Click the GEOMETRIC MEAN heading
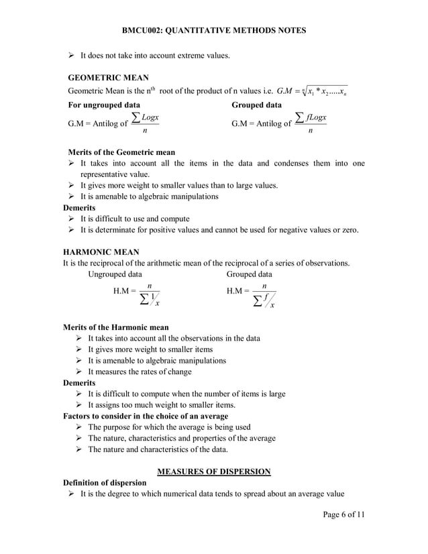coord(109,77)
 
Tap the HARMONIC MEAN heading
coord(101,252)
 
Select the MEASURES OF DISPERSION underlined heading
coord(214,472)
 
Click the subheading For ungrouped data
coord(105,105)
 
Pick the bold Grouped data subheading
coord(256,105)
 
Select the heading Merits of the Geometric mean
coord(121,152)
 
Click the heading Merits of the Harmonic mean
coord(115,327)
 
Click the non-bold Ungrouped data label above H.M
coord(115,274)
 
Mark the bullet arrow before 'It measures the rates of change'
coord(81,372)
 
